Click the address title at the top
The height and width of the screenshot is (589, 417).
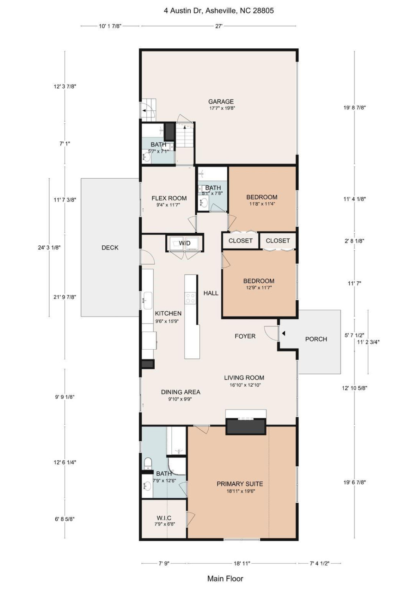(219, 11)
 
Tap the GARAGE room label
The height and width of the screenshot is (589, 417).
(221, 101)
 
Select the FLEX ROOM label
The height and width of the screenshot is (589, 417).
(169, 198)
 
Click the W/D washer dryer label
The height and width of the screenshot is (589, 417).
(185, 243)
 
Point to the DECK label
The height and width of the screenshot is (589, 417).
(110, 247)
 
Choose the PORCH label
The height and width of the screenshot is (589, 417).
(316, 339)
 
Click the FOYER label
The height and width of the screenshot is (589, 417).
(245, 336)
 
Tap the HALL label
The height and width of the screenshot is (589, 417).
(211, 293)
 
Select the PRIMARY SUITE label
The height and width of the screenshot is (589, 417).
(240, 484)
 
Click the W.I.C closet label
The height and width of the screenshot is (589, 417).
(164, 518)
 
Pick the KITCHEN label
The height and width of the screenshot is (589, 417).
(168, 313)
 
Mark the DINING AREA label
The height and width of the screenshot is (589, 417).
(180, 392)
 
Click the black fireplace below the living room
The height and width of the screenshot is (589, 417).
(246, 427)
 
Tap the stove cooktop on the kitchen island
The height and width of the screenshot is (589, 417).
(191, 298)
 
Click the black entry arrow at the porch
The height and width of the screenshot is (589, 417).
(283, 334)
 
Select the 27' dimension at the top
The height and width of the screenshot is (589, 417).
(219, 26)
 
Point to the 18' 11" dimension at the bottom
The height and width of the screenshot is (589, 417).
(242, 563)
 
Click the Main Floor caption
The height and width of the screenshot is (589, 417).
(225, 578)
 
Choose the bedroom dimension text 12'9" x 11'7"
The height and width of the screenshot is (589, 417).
(259, 288)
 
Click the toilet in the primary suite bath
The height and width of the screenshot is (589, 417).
(148, 463)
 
